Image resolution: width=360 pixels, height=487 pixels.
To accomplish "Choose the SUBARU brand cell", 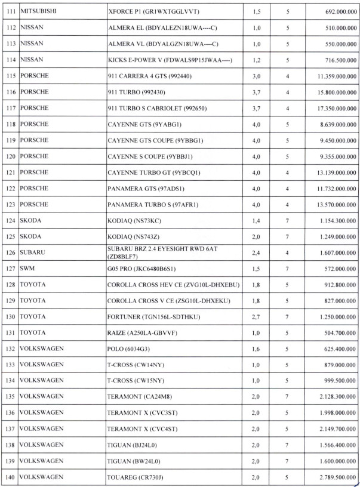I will coord(33,252).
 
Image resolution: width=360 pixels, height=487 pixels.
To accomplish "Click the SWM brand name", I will coord(27,269).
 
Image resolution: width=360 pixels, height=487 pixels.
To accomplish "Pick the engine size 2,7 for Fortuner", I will coord(256,316).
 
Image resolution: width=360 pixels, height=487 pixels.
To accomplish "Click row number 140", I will coord(10,477).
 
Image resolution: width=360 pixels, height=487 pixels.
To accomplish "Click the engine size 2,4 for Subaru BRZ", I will coord(256,252).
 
